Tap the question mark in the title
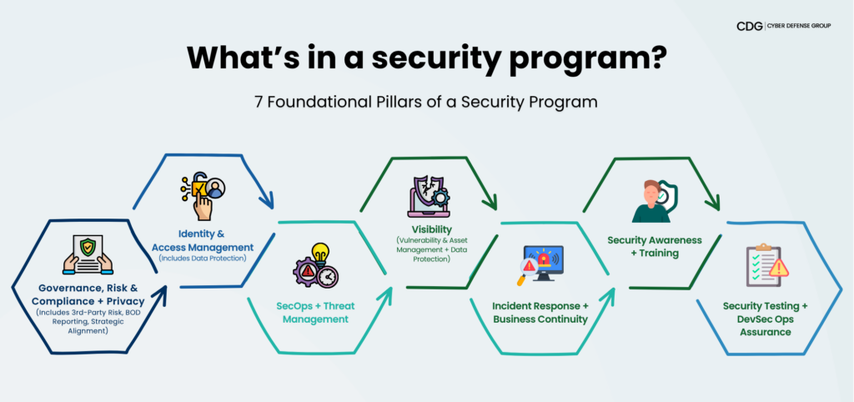point(657,55)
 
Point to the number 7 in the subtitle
point(259,103)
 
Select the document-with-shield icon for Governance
point(88,254)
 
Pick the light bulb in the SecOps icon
point(321,254)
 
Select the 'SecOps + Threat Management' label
point(312,312)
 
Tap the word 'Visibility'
point(432,229)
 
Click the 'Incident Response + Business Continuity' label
point(540,312)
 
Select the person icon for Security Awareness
point(652,201)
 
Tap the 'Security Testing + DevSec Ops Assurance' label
point(765,319)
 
